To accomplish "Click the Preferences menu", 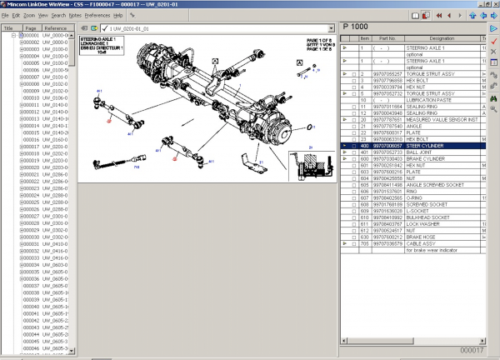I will (x=97, y=15).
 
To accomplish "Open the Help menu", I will (x=117, y=15).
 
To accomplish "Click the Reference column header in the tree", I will (x=57, y=27).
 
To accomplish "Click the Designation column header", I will (x=442, y=38).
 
